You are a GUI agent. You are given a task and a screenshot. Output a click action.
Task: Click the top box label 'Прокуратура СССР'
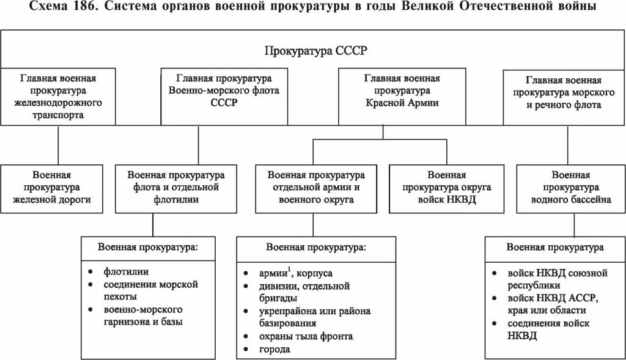click(x=315, y=51)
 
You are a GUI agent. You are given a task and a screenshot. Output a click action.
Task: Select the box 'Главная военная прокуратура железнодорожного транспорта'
click(x=58, y=97)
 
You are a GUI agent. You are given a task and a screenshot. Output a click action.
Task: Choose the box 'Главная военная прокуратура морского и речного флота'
click(x=563, y=92)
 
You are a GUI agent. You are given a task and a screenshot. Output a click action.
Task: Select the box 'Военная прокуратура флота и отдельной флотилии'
click(x=176, y=187)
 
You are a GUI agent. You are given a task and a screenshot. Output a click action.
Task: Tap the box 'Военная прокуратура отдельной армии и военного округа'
click(x=316, y=187)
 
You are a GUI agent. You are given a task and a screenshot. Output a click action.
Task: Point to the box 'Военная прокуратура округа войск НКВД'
click(x=446, y=187)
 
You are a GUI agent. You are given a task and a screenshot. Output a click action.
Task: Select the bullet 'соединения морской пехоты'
click(x=151, y=290)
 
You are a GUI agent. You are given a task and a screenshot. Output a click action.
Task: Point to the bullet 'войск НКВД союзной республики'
click(x=548, y=278)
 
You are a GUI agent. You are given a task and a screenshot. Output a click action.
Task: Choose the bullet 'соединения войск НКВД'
click(x=548, y=329)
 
